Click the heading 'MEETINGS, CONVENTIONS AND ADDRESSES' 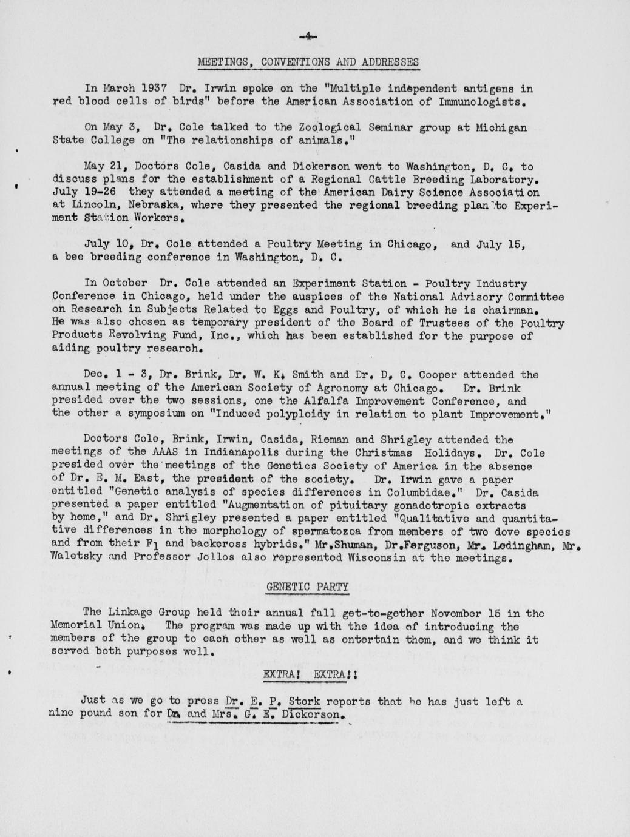point(308,62)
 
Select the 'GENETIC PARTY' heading point(308,587)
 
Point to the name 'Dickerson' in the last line point(313,714)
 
